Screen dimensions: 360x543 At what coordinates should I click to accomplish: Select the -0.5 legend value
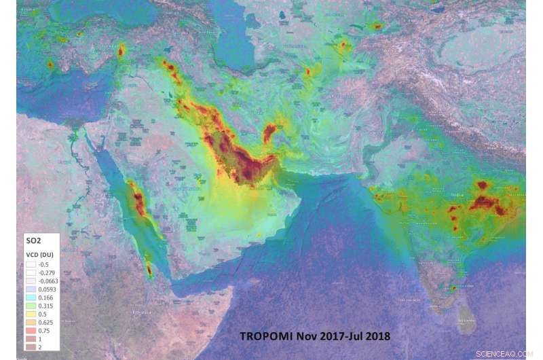point(43,264)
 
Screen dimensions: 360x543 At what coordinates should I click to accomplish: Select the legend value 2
point(40,346)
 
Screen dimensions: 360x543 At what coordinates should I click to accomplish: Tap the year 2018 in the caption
point(377,335)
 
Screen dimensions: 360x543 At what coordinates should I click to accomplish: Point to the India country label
point(457,194)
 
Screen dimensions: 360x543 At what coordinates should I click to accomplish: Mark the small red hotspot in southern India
point(453,288)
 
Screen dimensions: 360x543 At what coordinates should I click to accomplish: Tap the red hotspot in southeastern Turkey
point(121,51)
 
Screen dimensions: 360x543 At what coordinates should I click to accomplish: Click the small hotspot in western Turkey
point(50,65)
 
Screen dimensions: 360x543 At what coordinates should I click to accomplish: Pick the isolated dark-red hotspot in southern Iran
point(271,132)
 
